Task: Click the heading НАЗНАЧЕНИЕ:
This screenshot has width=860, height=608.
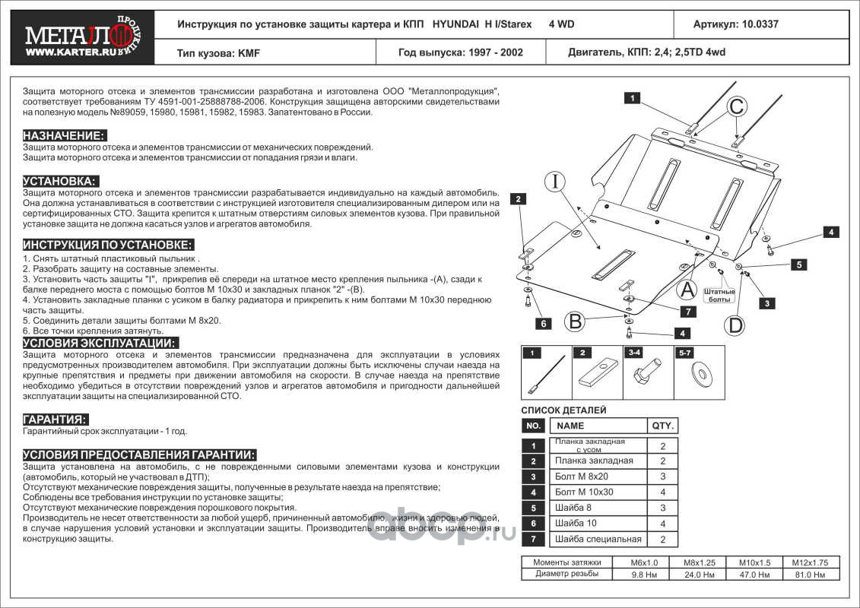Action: (64, 135)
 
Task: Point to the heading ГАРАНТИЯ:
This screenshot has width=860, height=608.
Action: (55, 420)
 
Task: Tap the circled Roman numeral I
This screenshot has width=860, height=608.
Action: (556, 182)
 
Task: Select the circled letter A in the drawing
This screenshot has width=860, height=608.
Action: (687, 289)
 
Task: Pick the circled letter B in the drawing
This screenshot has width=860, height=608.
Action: (576, 321)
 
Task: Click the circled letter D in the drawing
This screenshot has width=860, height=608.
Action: (735, 325)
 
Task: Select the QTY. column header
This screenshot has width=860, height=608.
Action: (662, 426)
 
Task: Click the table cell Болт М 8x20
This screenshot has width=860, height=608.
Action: (582, 477)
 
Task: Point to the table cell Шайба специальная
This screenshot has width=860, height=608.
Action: (598, 540)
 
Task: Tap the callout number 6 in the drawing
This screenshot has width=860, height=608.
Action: (544, 325)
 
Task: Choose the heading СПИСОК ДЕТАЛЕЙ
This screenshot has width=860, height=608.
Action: (563, 410)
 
